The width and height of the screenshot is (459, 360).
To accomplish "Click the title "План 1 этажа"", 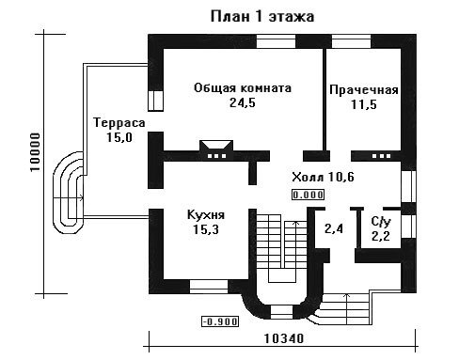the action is click(x=262, y=16).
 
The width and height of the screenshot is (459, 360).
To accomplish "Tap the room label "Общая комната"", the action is click(x=243, y=88).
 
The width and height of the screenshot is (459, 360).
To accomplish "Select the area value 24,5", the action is click(x=243, y=102).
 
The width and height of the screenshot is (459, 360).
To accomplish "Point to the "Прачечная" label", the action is click(x=364, y=90).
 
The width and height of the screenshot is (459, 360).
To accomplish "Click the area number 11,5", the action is click(x=364, y=104).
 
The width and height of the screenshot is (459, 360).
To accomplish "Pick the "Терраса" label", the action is click(x=119, y=123).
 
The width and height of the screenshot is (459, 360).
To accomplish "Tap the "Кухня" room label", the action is click(x=206, y=215).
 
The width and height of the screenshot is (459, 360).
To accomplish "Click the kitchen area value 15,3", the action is click(x=206, y=229).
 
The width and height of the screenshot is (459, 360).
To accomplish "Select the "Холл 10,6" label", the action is click(x=323, y=177).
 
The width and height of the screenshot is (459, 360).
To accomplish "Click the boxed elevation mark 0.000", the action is click(x=308, y=195).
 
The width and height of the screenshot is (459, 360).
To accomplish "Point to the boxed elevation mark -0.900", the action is click(x=220, y=321).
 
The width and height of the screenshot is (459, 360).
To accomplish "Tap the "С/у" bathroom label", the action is click(x=381, y=222).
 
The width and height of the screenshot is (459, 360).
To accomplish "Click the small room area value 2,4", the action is click(x=334, y=229).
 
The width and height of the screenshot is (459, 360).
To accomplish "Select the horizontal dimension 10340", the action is click(x=284, y=338).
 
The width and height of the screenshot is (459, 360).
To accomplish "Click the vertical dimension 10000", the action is click(x=36, y=152).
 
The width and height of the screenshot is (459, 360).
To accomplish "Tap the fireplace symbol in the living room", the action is click(x=216, y=149).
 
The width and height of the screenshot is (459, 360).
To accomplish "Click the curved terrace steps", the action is click(x=69, y=193).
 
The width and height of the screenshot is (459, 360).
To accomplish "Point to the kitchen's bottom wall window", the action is click(x=209, y=287).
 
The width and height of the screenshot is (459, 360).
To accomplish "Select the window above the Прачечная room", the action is click(x=351, y=41).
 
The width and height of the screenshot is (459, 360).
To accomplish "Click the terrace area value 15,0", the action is click(x=119, y=137).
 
